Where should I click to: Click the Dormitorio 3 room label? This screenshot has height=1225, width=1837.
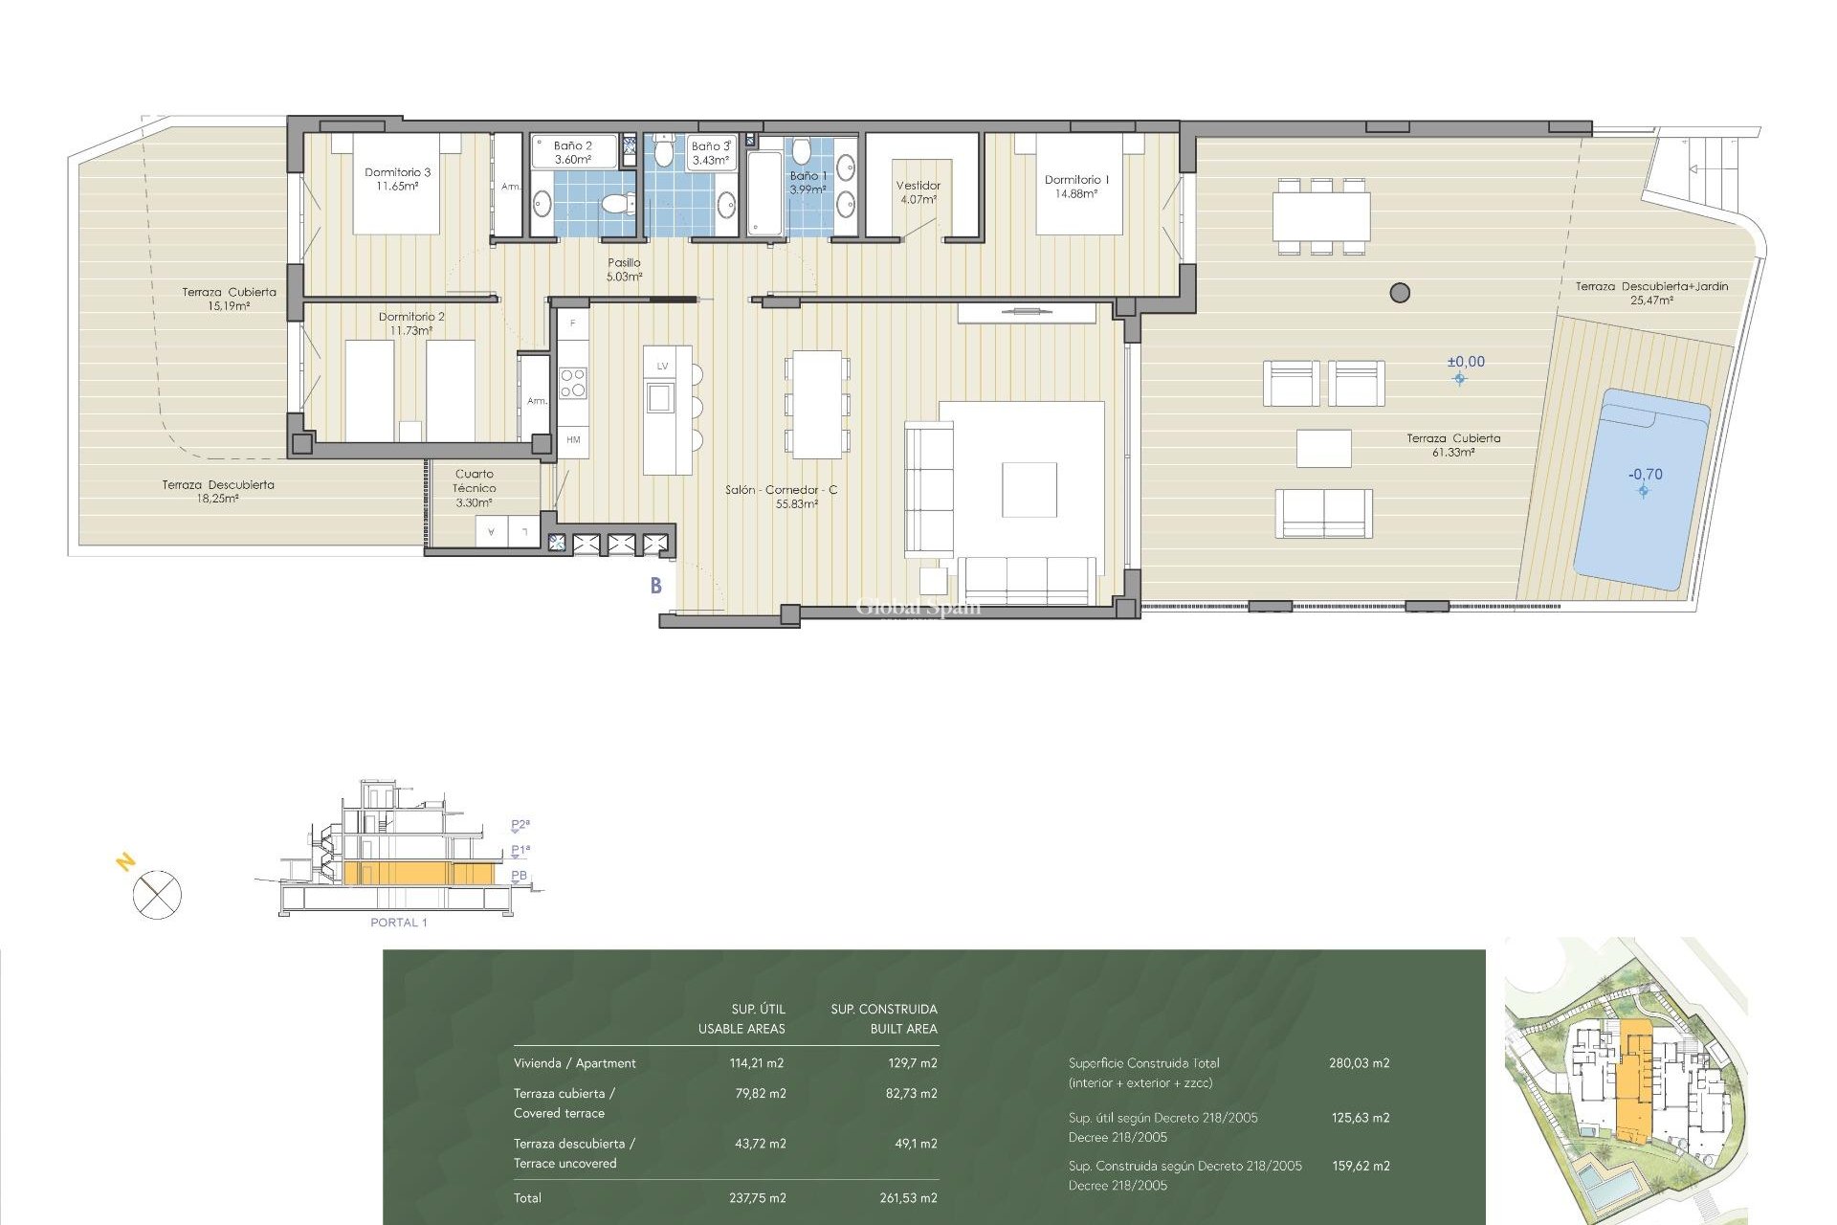coord(397,179)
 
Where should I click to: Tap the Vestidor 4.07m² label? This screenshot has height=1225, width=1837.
coord(918,192)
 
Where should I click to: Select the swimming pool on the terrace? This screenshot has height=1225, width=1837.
coord(1640,488)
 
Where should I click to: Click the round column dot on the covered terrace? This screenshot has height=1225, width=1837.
coord(1400,293)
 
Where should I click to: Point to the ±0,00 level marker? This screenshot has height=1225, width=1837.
coord(1465,363)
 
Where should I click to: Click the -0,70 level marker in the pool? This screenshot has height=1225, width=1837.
coord(1645,476)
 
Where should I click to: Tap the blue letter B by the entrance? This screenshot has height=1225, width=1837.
coord(656,586)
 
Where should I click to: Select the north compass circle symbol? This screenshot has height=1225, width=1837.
coord(157,896)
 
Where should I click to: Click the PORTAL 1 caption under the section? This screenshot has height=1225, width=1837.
coord(398,923)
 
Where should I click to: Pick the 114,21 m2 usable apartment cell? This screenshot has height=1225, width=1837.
coord(756,1063)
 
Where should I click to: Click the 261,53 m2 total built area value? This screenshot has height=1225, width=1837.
coord(908,1198)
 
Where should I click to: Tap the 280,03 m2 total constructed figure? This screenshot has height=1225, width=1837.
coord(1359,1063)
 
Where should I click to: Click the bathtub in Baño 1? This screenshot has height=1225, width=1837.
coord(764,195)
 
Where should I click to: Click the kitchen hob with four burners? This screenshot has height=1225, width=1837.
coord(572,383)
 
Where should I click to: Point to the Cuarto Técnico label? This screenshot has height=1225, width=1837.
coord(474,487)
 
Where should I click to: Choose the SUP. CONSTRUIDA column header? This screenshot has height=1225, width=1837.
coord(883,1010)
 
